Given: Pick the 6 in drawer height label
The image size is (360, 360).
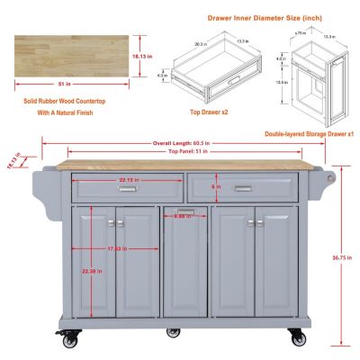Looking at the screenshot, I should tap(217, 185).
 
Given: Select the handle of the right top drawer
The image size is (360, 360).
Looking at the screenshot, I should tap(242, 188).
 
